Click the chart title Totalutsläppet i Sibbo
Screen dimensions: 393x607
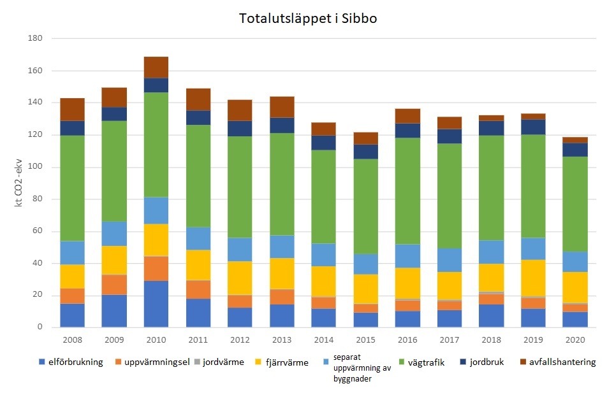click(x=308, y=18)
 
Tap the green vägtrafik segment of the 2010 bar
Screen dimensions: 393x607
click(x=156, y=145)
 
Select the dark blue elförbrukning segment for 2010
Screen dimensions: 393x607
click(x=156, y=304)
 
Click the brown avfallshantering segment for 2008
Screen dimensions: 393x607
click(x=73, y=110)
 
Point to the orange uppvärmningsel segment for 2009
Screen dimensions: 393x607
click(x=114, y=285)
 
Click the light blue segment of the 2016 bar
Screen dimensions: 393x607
click(x=407, y=256)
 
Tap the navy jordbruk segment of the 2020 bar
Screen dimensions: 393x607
click(x=575, y=150)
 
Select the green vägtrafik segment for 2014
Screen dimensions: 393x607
click(x=324, y=197)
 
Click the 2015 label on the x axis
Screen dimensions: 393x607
click(x=365, y=340)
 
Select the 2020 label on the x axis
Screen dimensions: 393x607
click(x=575, y=340)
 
